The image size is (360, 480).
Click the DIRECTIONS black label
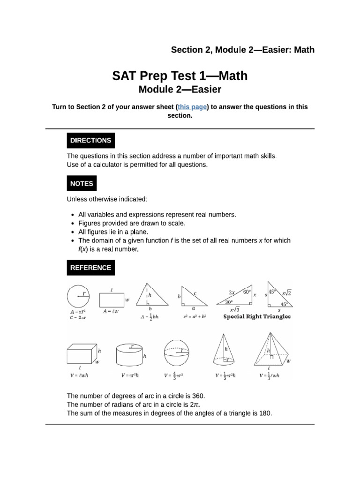[x=90, y=140]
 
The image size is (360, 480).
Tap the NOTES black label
[x=82, y=184]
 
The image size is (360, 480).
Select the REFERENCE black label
[x=90, y=268]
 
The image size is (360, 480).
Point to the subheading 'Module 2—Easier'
[x=180, y=89]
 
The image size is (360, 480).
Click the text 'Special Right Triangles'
[x=257, y=317]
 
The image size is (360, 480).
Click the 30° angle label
[x=226, y=302]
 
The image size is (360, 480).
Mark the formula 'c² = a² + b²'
[x=195, y=317]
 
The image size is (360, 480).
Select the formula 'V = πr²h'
[x=130, y=375]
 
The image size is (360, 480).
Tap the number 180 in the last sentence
[x=265, y=413]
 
